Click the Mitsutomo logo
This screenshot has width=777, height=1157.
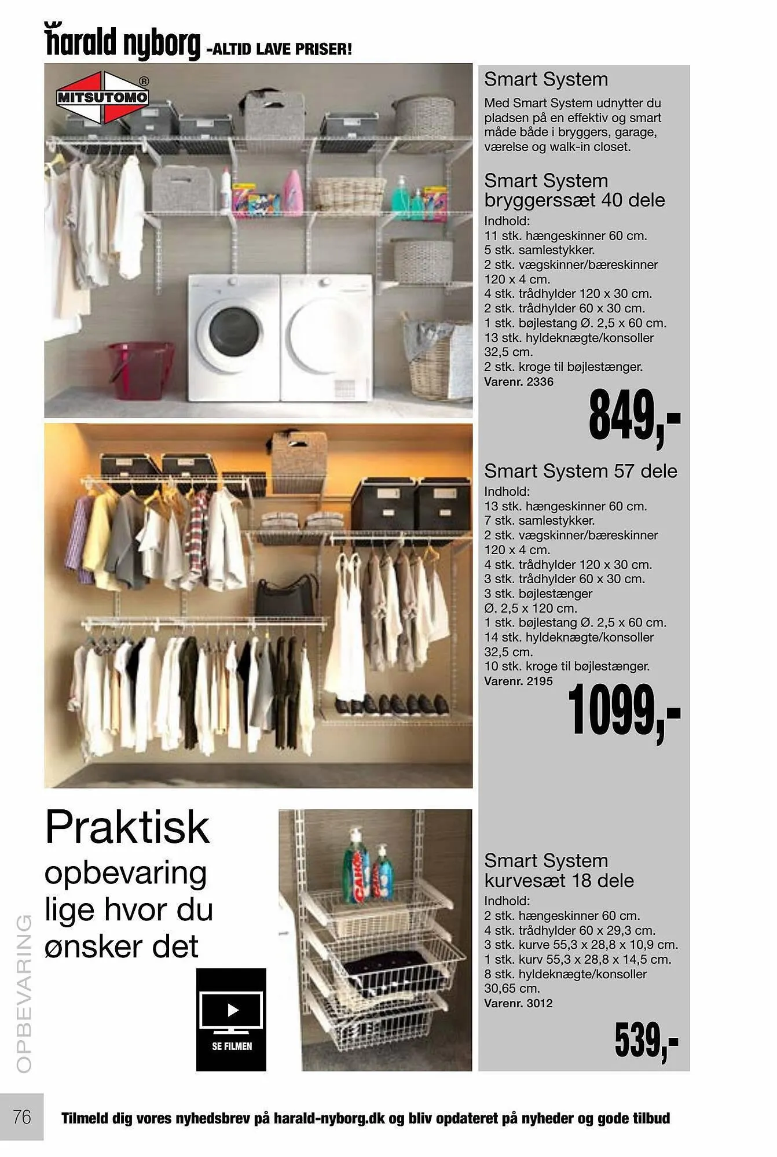pyautogui.click(x=102, y=97)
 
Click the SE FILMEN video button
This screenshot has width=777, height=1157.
pyautogui.click(x=231, y=1019)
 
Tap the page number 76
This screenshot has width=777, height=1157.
pyautogui.click(x=22, y=1116)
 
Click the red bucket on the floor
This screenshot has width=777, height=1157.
pyautogui.click(x=140, y=369)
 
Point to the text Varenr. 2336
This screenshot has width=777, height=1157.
pyautogui.click(x=519, y=382)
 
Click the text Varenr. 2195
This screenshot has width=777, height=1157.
pyautogui.click(x=519, y=681)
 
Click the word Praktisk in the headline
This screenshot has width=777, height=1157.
pyautogui.click(x=127, y=828)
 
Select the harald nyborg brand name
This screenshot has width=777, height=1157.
pyautogui.click(x=123, y=43)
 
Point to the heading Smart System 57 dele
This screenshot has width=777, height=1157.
pyautogui.click(x=581, y=471)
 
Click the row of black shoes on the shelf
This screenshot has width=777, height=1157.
pyautogui.click(x=392, y=705)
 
